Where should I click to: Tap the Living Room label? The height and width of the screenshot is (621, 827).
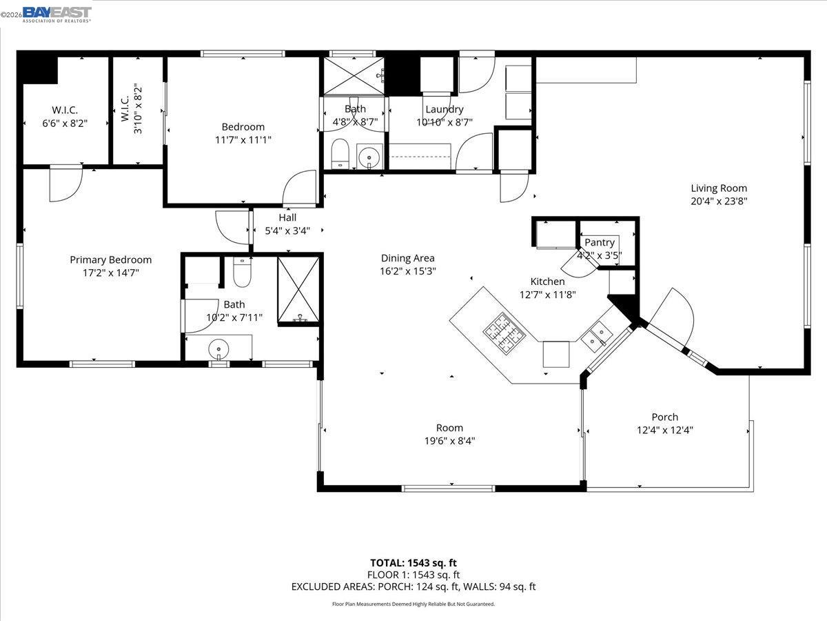(719, 188)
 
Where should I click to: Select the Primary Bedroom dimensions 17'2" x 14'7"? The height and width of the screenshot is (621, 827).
(110, 273)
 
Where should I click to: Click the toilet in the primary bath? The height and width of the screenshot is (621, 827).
(242, 273)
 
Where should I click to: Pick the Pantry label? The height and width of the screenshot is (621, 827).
(600, 243)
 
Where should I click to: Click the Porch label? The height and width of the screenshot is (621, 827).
(664, 417)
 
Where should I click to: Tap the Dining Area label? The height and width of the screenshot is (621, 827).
(408, 258)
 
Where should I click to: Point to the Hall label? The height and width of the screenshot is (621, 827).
(287, 217)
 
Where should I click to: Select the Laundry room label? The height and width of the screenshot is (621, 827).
(445, 109)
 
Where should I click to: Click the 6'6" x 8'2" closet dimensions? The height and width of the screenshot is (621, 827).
(65, 124)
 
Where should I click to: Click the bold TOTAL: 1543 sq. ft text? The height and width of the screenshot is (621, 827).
(413, 562)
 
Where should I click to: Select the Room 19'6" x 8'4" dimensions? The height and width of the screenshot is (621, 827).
(449, 440)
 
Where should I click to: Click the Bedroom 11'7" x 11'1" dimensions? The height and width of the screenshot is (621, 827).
(243, 139)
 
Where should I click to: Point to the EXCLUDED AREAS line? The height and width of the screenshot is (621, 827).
(413, 586)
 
